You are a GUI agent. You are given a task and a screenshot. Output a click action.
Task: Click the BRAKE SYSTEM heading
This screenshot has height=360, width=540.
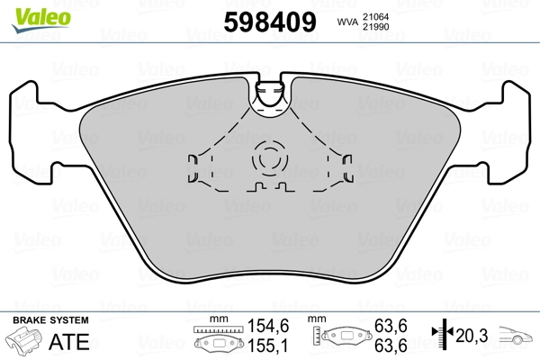(x=49, y=320)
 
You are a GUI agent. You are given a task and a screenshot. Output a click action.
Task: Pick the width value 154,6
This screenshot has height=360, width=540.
(x=268, y=325)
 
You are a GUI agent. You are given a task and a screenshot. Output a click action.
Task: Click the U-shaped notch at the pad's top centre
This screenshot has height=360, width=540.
(x=270, y=94)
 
